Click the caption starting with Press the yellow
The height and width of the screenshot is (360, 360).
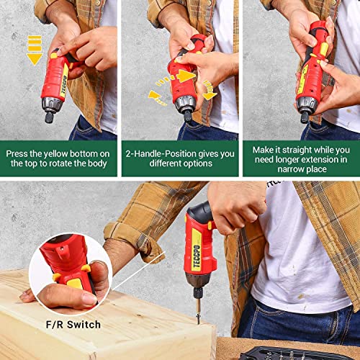click(x=58, y=158)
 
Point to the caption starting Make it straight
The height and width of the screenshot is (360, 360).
click(x=300, y=158)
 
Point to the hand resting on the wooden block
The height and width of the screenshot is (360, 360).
click(x=40, y=295)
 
